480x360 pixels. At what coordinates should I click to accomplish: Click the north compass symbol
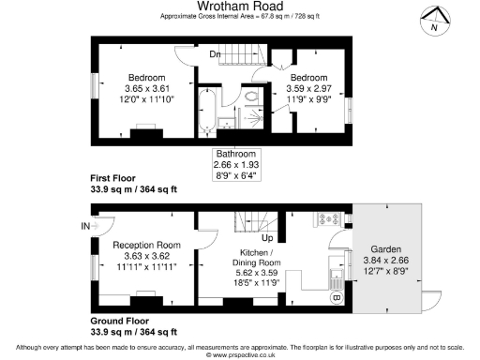click(432, 21)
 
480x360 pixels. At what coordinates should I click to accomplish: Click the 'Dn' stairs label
click(215, 53)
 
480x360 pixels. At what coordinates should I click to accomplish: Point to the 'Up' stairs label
click(267, 237)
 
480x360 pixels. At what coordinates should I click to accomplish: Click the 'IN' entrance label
click(85, 226)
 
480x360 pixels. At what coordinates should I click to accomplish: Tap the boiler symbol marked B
click(337, 299)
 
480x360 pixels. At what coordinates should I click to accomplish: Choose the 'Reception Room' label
click(146, 245)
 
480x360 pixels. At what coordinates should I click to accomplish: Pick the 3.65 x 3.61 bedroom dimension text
click(146, 88)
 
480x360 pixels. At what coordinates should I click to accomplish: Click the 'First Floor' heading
click(116, 178)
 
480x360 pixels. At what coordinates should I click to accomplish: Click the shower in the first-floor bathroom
click(254, 121)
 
